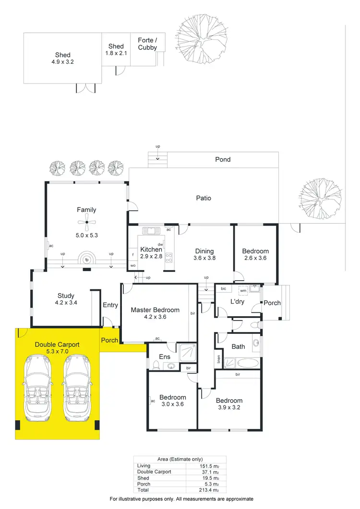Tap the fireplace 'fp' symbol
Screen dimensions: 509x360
pyautogui.click(x=87, y=260)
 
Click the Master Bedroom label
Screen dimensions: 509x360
pyautogui.click(x=155, y=310)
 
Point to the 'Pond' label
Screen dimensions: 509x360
pyautogui.click(x=223, y=159)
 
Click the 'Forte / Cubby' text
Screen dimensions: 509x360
pyautogui.click(x=147, y=44)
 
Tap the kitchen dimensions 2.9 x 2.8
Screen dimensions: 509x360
pyautogui.click(x=151, y=257)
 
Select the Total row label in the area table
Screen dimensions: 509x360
pyautogui.click(x=143, y=489)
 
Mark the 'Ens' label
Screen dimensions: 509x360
pyautogui.click(x=164, y=356)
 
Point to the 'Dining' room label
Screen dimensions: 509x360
pyautogui.click(x=204, y=251)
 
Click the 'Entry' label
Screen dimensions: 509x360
pyautogui.click(x=110, y=305)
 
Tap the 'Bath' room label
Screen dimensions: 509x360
pyautogui.click(x=238, y=346)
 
